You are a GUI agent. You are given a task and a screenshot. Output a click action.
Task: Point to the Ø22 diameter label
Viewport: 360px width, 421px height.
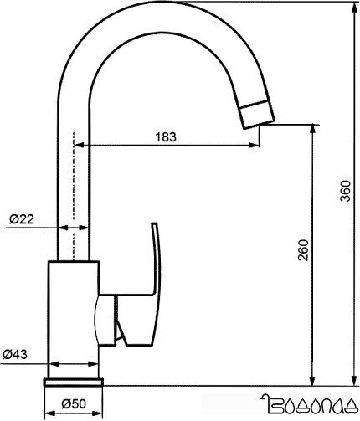(x=21, y=218)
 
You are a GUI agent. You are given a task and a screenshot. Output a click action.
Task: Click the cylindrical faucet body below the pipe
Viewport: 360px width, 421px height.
(x=75, y=318)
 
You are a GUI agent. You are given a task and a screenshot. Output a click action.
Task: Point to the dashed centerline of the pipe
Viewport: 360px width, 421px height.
(x=74, y=193)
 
